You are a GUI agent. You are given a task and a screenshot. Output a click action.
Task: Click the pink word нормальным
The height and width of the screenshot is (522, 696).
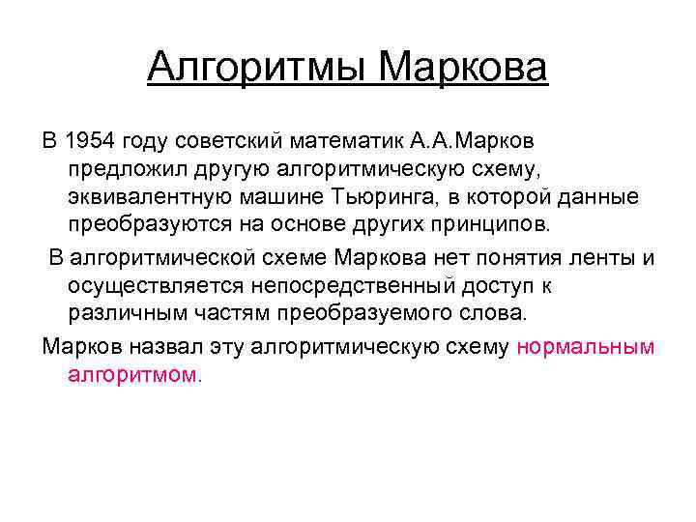pos(586,346)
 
